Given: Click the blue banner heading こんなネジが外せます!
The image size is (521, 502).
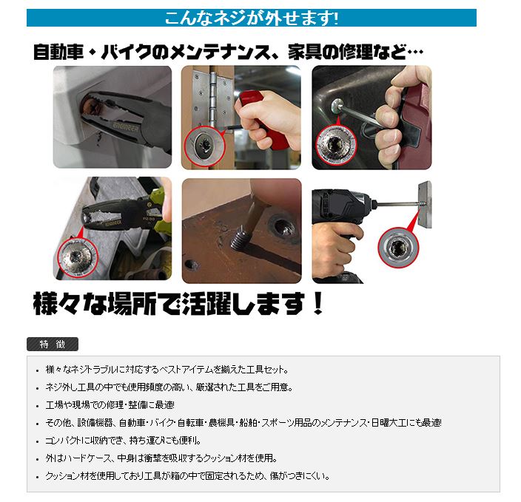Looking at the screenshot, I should point(251,18).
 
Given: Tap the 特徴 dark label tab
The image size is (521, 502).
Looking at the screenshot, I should point(52,345).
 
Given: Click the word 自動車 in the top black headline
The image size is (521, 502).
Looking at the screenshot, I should point(58,52).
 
